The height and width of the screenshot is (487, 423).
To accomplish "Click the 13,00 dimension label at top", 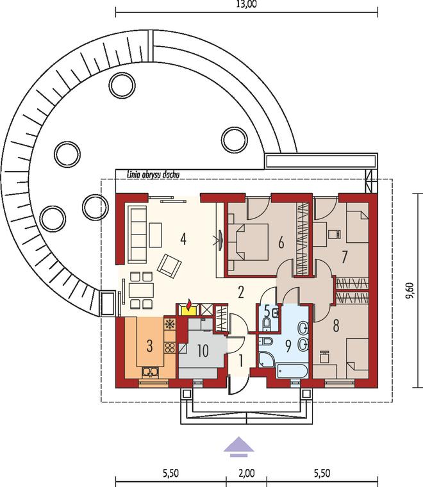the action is [246, 4].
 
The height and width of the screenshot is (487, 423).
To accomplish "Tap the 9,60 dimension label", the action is [410, 290].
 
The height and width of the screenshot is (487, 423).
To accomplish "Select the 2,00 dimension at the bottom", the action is [247, 474].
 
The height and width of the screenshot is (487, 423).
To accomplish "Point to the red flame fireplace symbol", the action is [189, 304].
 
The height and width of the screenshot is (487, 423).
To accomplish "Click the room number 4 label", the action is [183, 239].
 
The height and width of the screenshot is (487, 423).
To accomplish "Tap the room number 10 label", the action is [203, 351].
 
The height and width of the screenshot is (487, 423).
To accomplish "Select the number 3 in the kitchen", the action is [150, 346].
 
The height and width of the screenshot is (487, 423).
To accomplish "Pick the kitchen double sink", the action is [151, 372].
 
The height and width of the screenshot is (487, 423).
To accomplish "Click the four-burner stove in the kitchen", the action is [170, 347].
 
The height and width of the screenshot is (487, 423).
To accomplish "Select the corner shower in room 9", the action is [267, 359].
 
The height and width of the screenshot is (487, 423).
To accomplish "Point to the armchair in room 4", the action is [169, 265].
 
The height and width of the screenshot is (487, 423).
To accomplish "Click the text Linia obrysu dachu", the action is [153, 175].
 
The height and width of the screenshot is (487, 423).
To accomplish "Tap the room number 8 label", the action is [336, 326].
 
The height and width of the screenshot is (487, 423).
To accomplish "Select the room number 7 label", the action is [344, 257].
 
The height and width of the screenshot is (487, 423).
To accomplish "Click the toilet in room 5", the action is [266, 325].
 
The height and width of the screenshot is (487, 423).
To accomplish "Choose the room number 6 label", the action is [281, 242].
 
